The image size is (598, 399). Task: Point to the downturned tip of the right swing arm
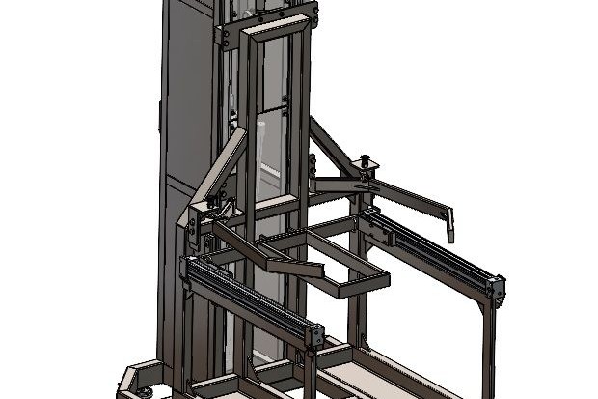[449, 229]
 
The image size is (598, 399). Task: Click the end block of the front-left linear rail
[314, 336]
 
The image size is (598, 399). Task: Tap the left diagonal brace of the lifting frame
[220, 169]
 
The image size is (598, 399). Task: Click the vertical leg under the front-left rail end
[310, 372]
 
